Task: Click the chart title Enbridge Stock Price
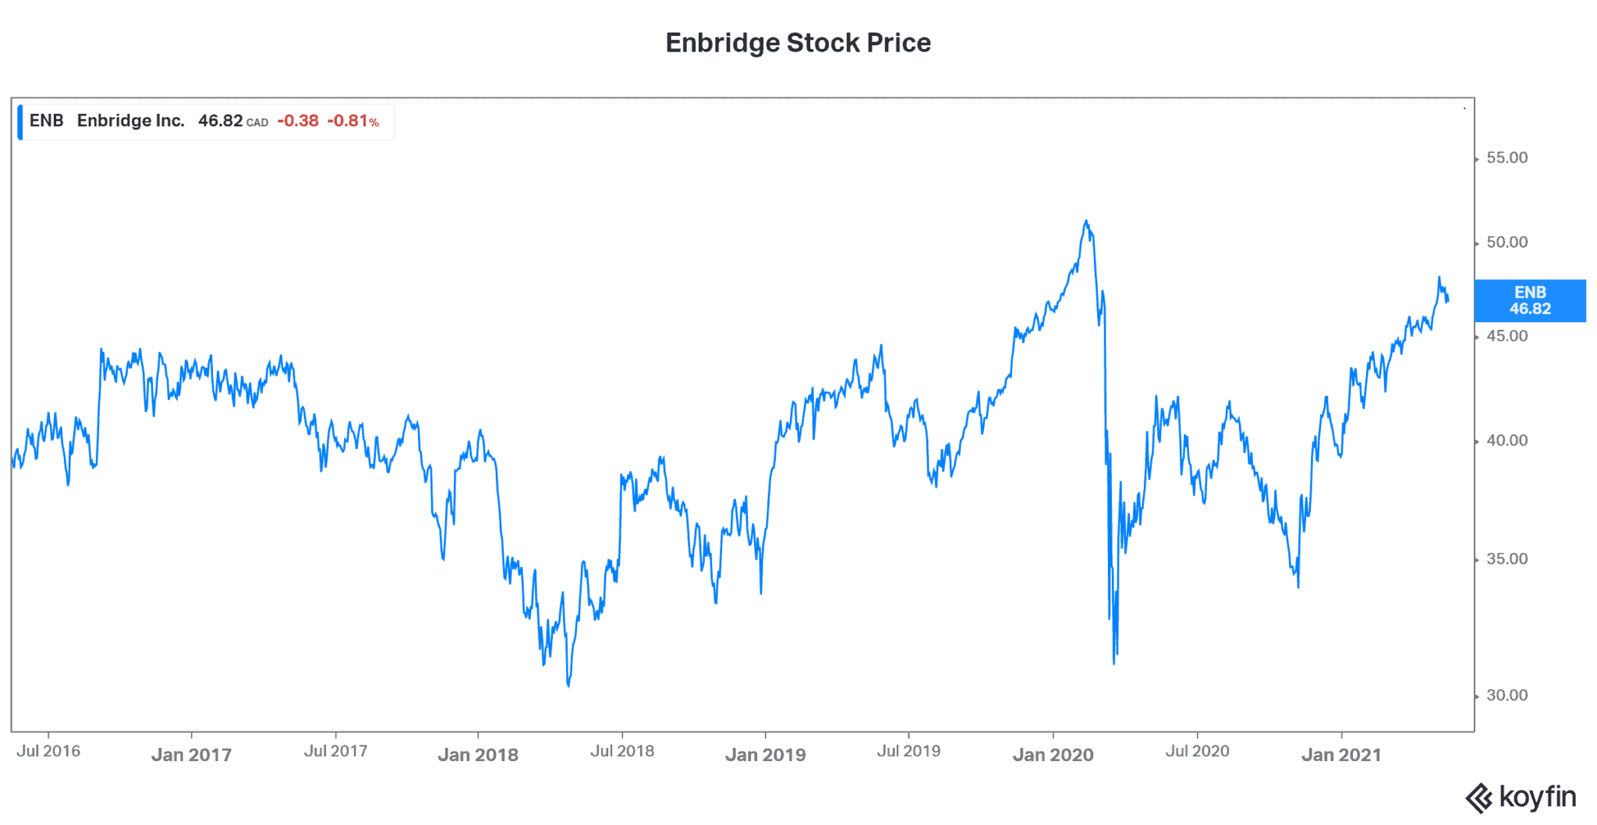coord(798,43)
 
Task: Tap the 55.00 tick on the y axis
coord(1507,158)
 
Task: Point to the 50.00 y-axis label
coord(1507,243)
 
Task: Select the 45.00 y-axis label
coord(1507,336)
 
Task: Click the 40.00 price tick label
coord(1507,441)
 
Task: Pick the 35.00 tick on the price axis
coord(1507,559)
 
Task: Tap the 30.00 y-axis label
coord(1507,696)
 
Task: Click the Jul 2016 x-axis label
coord(48,751)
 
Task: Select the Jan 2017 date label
coord(191,755)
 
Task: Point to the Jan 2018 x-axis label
coord(477,755)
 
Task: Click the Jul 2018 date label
coord(621,751)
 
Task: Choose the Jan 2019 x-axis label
coord(765,755)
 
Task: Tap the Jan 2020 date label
coord(1053,755)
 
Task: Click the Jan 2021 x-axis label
coord(1340,755)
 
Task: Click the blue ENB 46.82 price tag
coord(1529,300)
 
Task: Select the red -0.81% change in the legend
coord(352,121)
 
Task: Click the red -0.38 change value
coord(298,121)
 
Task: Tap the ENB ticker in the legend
coord(46,121)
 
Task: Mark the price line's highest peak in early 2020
coord(1085,221)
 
